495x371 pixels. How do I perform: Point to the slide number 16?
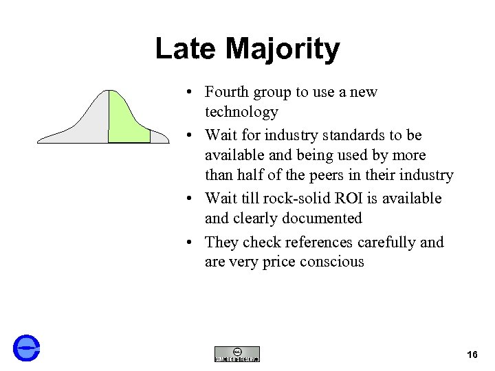coord(472,355)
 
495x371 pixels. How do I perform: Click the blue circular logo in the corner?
coord(27,347)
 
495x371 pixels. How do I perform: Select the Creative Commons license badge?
coord(237,354)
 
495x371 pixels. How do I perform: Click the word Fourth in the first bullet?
coord(227,92)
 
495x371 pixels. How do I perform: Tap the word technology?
coord(241,112)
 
